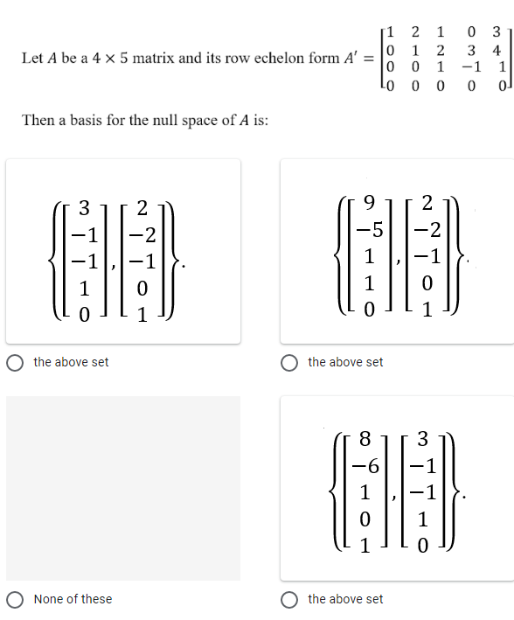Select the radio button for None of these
coord(16,599)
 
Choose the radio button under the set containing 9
coord(291,362)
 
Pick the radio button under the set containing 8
coord(291,599)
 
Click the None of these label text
coord(73,599)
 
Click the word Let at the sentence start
coord(31,59)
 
